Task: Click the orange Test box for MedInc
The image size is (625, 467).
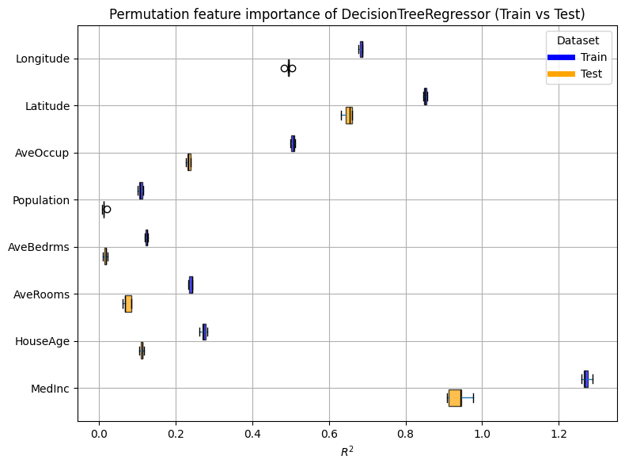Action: pyautogui.click(x=455, y=398)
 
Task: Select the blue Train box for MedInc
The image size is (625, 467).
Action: pyautogui.click(x=586, y=379)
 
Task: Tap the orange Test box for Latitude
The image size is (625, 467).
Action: pyautogui.click(x=349, y=116)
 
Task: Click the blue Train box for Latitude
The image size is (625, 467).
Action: pyautogui.click(x=426, y=97)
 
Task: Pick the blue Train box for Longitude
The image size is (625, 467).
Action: pyautogui.click(x=362, y=49)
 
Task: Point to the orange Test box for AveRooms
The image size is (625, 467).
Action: pyautogui.click(x=128, y=304)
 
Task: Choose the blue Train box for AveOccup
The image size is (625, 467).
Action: pyautogui.click(x=293, y=143)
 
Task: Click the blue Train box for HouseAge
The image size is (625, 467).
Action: pyautogui.click(x=204, y=332)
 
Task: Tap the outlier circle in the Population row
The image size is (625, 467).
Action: pyautogui.click(x=107, y=209)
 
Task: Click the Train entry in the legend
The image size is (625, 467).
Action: pyautogui.click(x=578, y=57)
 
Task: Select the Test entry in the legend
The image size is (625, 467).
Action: pyautogui.click(x=578, y=74)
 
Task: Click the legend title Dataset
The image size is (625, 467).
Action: pyautogui.click(x=578, y=40)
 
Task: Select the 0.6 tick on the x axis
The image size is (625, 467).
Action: pyautogui.click(x=329, y=434)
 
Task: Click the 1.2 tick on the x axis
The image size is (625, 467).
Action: pyautogui.click(x=559, y=434)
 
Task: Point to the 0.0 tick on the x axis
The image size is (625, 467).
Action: pyautogui.click(x=99, y=434)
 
